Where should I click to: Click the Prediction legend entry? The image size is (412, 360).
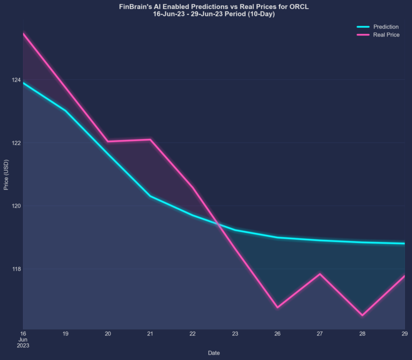pos(385,26)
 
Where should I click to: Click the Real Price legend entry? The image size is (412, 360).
pos(386,34)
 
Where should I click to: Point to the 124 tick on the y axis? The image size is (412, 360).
pos(16,80)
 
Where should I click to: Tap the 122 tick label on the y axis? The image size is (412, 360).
pos(16,143)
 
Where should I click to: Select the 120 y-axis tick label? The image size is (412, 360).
pos(16,206)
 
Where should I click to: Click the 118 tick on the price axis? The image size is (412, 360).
pos(16,269)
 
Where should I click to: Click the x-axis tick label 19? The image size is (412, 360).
pos(65,333)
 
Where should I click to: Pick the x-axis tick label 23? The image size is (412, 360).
pos(235,333)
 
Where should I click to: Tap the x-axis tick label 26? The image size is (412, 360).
pos(277,333)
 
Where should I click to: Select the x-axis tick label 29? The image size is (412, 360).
pos(404,333)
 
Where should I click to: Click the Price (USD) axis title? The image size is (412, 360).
pos(6,175)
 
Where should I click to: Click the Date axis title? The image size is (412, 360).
pos(214,352)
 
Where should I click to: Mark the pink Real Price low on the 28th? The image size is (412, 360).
pos(362,315)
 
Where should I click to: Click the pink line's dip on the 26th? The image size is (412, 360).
pos(277,307)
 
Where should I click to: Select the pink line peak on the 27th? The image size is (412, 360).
pos(320,274)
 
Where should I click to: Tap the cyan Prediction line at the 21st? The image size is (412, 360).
pos(150,196)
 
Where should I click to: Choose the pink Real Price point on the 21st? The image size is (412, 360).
pos(150,139)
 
